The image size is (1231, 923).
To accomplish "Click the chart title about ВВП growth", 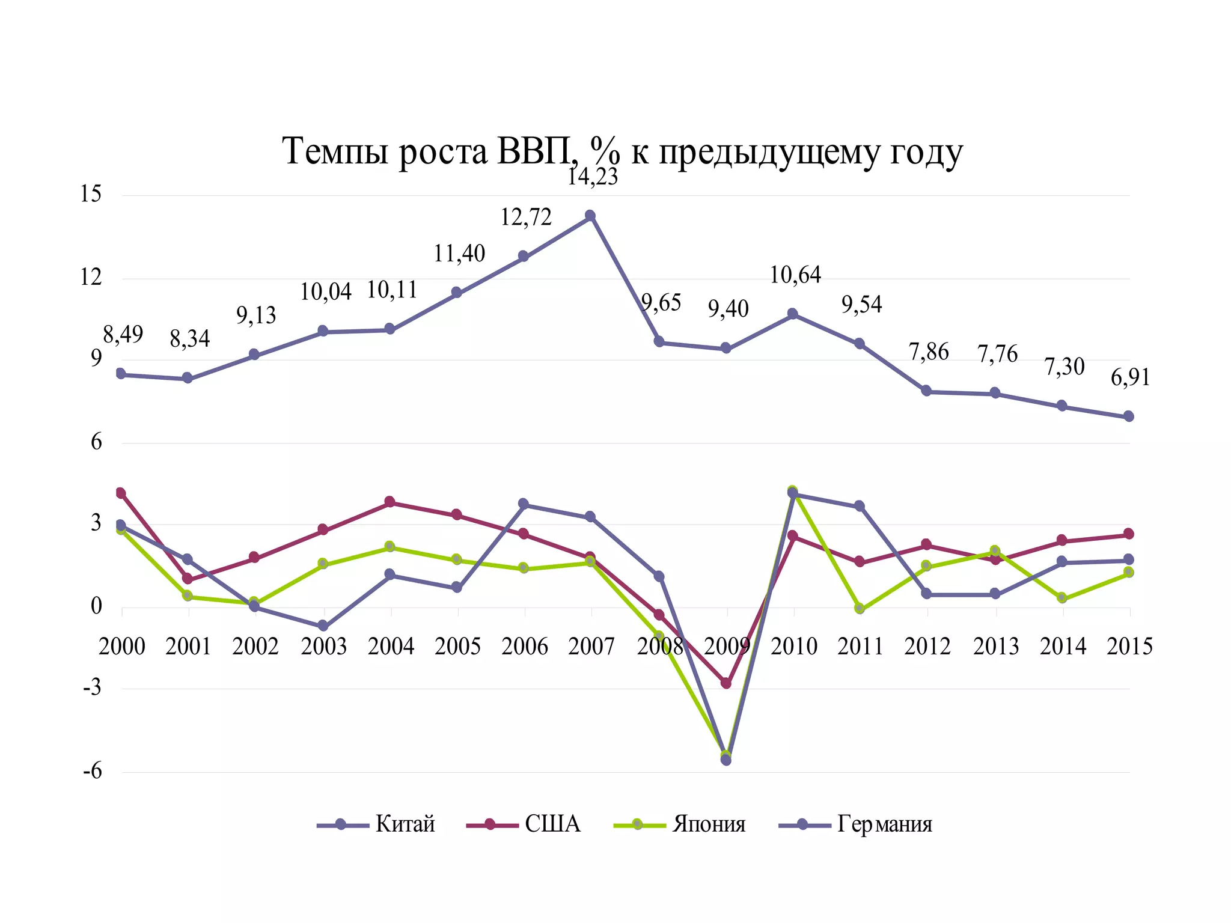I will click(x=622, y=151).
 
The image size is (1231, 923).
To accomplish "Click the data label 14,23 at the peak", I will click(x=593, y=177).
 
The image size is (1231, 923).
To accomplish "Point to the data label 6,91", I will click(x=1130, y=377).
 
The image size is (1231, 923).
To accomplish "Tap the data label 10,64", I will click(x=795, y=275).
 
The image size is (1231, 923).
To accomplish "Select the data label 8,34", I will click(x=189, y=339).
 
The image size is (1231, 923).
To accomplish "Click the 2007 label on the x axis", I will click(x=591, y=647).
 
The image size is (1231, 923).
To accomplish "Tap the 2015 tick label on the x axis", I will click(x=1129, y=647).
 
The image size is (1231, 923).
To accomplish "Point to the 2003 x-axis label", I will click(x=324, y=647).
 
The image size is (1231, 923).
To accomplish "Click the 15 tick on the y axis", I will click(x=91, y=194).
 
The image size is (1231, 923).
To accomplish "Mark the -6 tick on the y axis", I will click(x=93, y=771).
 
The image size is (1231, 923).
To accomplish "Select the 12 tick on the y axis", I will click(x=91, y=277).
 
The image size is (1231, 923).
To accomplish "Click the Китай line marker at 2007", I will click(x=590, y=216).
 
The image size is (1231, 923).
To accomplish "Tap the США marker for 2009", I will click(x=726, y=683).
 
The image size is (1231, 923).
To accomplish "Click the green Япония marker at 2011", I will click(x=860, y=608).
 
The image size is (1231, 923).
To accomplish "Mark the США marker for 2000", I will click(x=121, y=493).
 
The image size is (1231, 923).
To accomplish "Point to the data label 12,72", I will click(x=526, y=218).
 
